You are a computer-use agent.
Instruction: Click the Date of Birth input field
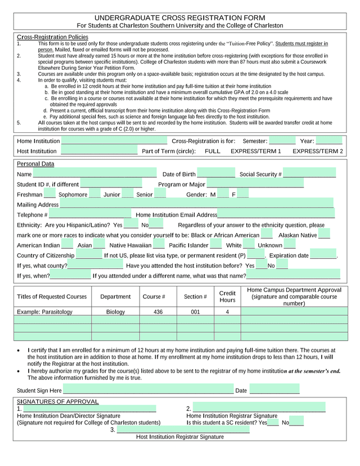pyautogui.click(x=216, y=174)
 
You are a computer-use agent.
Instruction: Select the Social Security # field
pyautogui.click(x=309, y=174)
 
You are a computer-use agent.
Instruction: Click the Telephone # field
pyautogui.click(x=90, y=214)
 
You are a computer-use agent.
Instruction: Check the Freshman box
pyautogui.click(x=49, y=194)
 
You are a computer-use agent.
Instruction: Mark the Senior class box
pyautogui.click(x=160, y=194)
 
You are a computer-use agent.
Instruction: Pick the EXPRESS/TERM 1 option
pyautogui.click(x=256, y=151)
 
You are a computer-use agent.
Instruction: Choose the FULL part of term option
pyautogui.click(x=213, y=151)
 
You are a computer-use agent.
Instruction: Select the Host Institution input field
pyautogui.click(x=98, y=151)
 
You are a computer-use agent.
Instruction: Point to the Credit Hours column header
pyautogui.click(x=227, y=297)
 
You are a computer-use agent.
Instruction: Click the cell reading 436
pyautogui.click(x=158, y=312)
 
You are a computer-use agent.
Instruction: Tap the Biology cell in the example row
pyautogui.click(x=115, y=312)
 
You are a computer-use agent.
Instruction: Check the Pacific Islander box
pyautogui.click(x=216, y=245)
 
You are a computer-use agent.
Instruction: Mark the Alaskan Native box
pyautogui.click(x=325, y=235)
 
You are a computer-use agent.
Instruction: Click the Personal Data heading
pyautogui.click(x=35, y=164)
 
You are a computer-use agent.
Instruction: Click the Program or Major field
pyautogui.click(x=255, y=184)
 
